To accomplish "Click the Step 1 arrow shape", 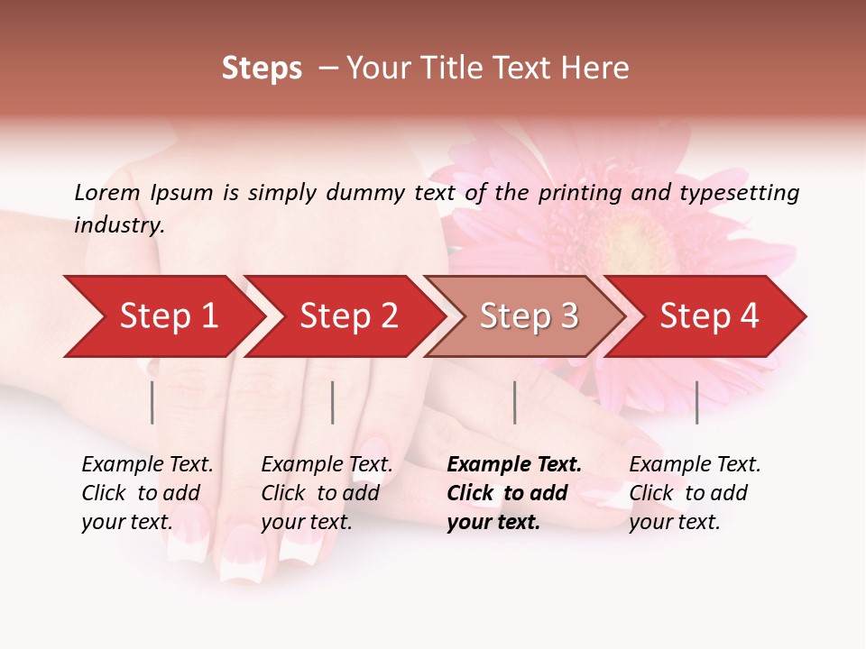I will tap(162, 316).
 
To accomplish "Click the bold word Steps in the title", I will tap(262, 69).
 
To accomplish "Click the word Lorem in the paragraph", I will tap(107, 192).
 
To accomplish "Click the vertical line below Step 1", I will tap(152, 402).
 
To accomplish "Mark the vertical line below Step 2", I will tap(333, 402).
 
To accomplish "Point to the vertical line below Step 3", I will tap(514, 402).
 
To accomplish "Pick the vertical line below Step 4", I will tap(696, 402).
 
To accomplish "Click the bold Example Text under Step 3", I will tap(514, 465).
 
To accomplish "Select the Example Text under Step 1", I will tap(147, 465).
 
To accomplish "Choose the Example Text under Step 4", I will tap(695, 465).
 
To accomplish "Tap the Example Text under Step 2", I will tap(327, 465).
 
